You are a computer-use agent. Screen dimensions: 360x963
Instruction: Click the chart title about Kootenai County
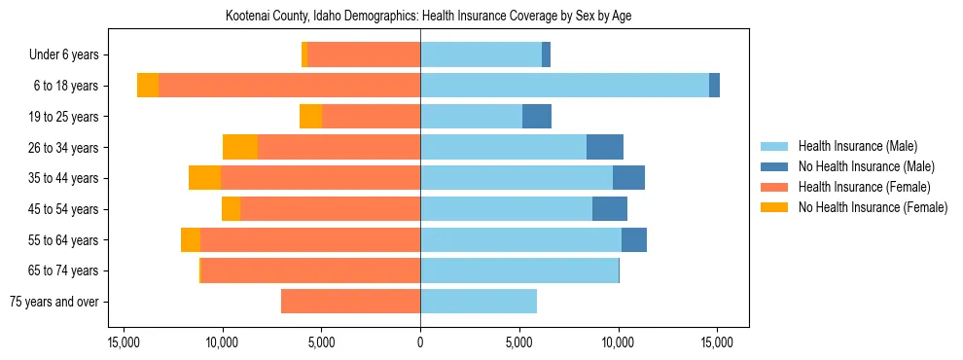tap(428, 17)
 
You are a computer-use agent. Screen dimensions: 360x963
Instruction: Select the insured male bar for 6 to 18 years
tap(564, 86)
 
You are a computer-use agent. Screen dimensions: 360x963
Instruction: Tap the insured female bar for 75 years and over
tap(350, 302)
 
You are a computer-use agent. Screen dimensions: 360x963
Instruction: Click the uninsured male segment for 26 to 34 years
tap(604, 147)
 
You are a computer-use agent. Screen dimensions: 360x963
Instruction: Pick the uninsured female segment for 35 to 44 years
tap(204, 178)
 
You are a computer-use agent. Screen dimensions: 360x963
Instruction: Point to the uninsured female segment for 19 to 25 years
tap(310, 117)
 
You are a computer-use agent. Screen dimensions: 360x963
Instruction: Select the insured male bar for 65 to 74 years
tap(519, 270)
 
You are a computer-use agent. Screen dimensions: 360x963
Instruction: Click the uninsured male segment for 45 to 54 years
tap(609, 209)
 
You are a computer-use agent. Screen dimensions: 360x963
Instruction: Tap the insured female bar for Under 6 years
tap(364, 54)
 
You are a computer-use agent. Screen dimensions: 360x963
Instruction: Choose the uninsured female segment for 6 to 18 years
tap(148, 86)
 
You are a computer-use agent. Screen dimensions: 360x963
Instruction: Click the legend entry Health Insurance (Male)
tap(857, 146)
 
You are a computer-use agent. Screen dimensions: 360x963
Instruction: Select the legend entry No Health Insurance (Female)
tap(873, 207)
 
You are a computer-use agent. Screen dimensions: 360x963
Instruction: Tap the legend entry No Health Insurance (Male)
tap(866, 166)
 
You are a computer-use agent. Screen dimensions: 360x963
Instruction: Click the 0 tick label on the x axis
tap(420, 342)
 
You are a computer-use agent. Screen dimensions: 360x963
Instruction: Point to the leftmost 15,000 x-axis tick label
tap(124, 342)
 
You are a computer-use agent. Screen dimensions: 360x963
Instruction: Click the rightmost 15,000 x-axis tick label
tap(717, 342)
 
